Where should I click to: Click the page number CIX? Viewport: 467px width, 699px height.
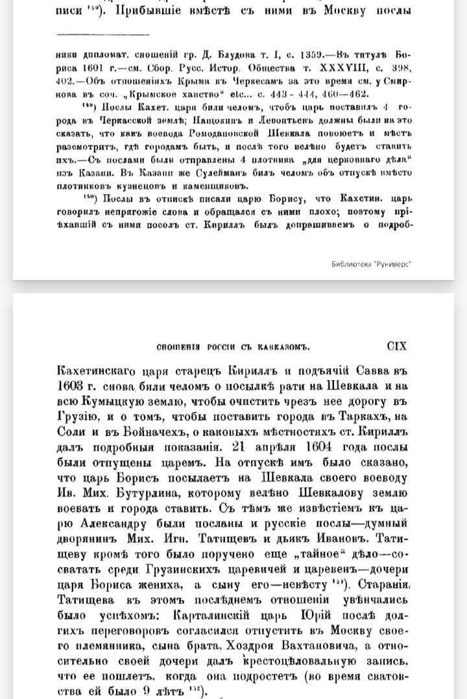coord(396,346)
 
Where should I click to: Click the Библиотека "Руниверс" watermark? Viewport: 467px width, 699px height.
coord(371,263)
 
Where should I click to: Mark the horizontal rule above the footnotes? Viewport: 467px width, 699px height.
coord(102,34)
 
